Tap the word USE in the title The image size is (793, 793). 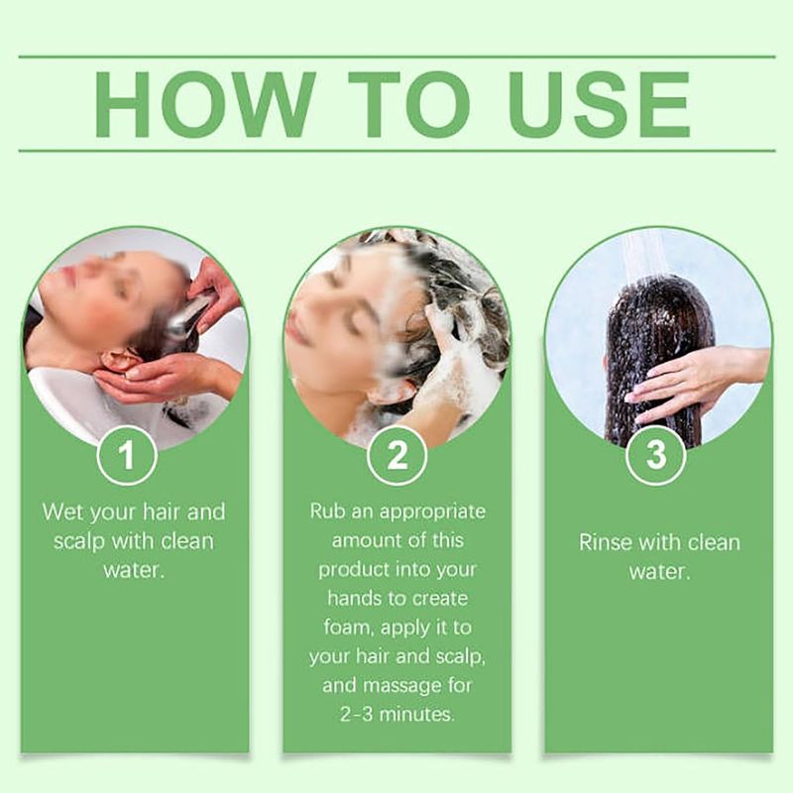(x=600, y=105)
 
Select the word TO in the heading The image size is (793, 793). (x=409, y=105)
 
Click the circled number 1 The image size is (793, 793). (x=127, y=455)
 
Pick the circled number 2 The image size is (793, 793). (x=397, y=455)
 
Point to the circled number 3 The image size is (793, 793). (x=656, y=455)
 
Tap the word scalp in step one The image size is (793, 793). (x=78, y=542)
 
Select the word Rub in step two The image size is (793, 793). (x=326, y=510)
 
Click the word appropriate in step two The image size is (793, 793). (x=432, y=512)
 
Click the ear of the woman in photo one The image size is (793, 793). (x=117, y=360)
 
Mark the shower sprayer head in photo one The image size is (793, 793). (x=188, y=316)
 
